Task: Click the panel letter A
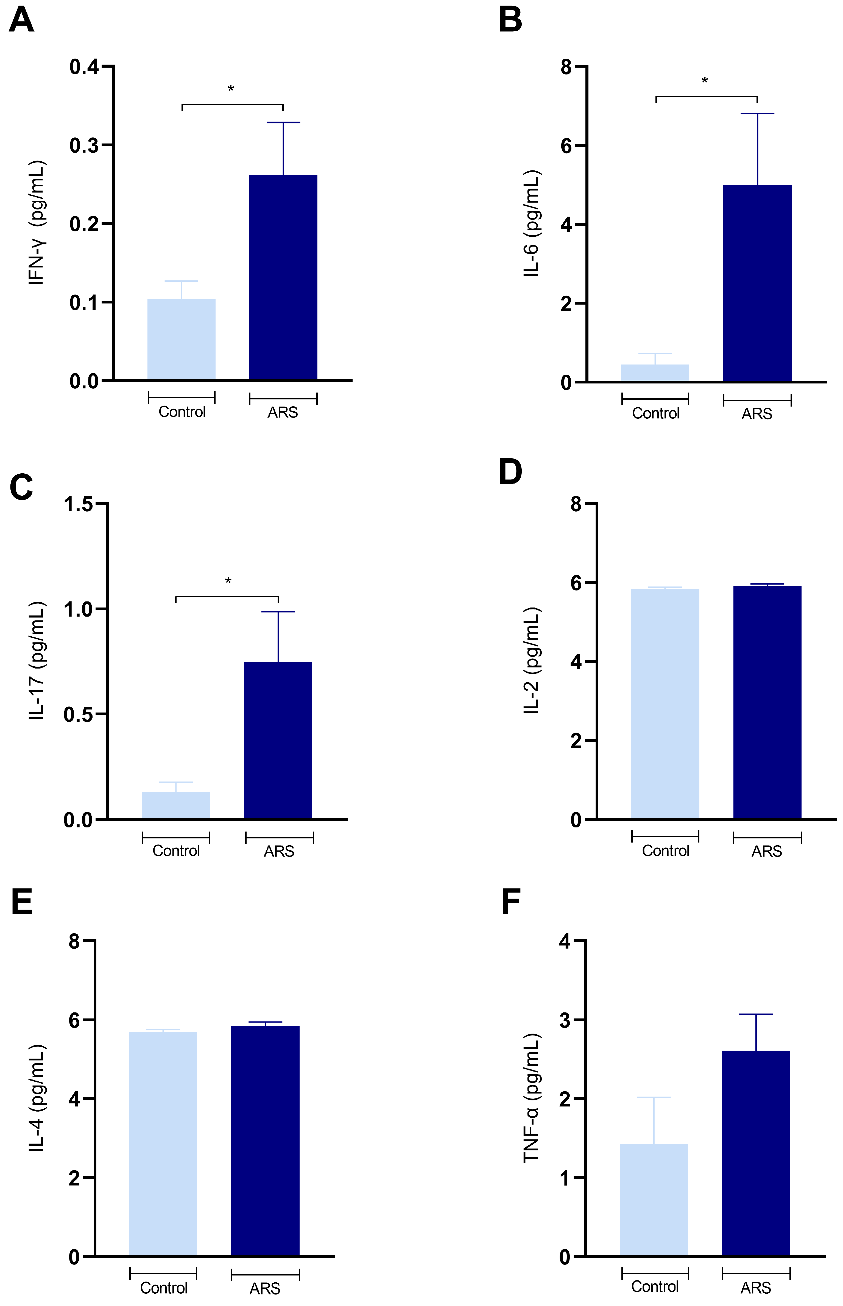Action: point(22,21)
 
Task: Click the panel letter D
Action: point(510,472)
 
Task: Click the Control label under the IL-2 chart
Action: point(666,851)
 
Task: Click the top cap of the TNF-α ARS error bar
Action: point(756,1015)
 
